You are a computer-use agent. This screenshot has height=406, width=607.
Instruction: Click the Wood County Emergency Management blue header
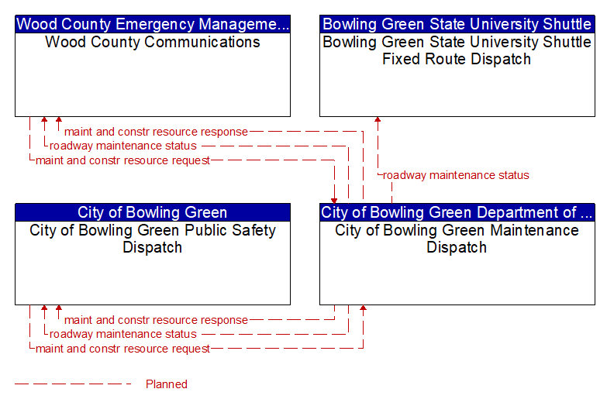[x=153, y=24]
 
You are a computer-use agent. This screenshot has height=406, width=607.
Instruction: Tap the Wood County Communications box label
[x=153, y=42]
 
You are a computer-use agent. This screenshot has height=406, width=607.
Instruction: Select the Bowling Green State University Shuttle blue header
[x=457, y=24]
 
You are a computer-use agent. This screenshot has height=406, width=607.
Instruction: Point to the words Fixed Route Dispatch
[x=457, y=59]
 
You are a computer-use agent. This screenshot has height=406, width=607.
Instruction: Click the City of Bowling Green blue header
[x=153, y=212]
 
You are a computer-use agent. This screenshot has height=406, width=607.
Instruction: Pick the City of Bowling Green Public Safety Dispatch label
[x=153, y=239]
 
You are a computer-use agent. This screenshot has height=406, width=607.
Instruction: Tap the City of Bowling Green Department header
[x=457, y=212]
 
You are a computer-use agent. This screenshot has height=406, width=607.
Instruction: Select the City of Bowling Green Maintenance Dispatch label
[x=457, y=239]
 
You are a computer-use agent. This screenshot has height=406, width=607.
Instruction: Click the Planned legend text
[x=167, y=384]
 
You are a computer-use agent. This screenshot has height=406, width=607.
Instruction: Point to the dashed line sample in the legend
[x=73, y=384]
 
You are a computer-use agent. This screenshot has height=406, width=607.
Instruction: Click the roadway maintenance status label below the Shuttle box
[x=456, y=175]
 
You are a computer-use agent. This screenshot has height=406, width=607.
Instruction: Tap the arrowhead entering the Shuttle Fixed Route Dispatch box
[x=378, y=119]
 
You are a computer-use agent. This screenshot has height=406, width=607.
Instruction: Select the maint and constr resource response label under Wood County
[x=156, y=132]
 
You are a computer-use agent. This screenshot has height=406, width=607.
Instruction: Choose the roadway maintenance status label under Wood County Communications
[x=123, y=146]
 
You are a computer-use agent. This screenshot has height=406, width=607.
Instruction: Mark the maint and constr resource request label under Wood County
[x=122, y=160]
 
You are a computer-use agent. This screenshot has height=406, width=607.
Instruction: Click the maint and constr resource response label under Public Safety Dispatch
[x=156, y=320]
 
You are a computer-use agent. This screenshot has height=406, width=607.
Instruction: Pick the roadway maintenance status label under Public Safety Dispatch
[x=123, y=334]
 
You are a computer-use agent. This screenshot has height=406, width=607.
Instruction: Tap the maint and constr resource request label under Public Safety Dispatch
[x=122, y=349]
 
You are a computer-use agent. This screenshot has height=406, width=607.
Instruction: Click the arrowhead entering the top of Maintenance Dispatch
[x=334, y=201]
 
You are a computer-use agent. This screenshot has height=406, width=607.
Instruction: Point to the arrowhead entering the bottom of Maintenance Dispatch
[x=363, y=308]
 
